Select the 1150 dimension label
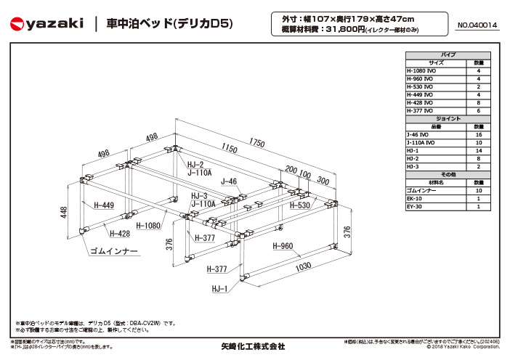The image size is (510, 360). click(229, 150)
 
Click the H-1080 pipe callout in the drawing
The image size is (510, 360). click(148, 226)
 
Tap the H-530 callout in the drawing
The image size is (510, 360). click(299, 205)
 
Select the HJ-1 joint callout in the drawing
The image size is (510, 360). click(219, 289)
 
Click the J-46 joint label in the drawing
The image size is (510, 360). click(229, 181)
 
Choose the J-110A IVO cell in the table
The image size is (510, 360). click(422, 142)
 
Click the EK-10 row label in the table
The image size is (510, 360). click(415, 198)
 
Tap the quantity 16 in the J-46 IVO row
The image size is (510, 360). click(478, 134)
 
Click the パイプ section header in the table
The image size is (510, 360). click(448, 55)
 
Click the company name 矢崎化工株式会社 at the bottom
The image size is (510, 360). click(253, 346)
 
